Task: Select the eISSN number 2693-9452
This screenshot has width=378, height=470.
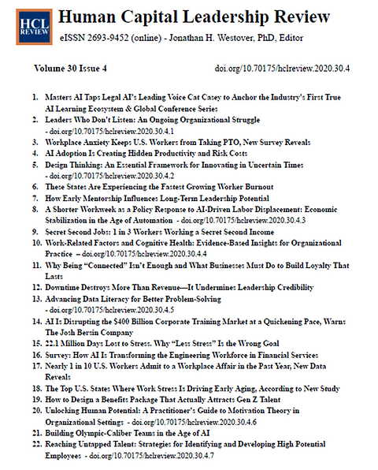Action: click(109, 39)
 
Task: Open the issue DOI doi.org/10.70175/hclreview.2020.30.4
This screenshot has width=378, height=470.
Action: click(282, 69)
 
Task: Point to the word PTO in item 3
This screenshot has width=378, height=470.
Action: click(225, 142)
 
